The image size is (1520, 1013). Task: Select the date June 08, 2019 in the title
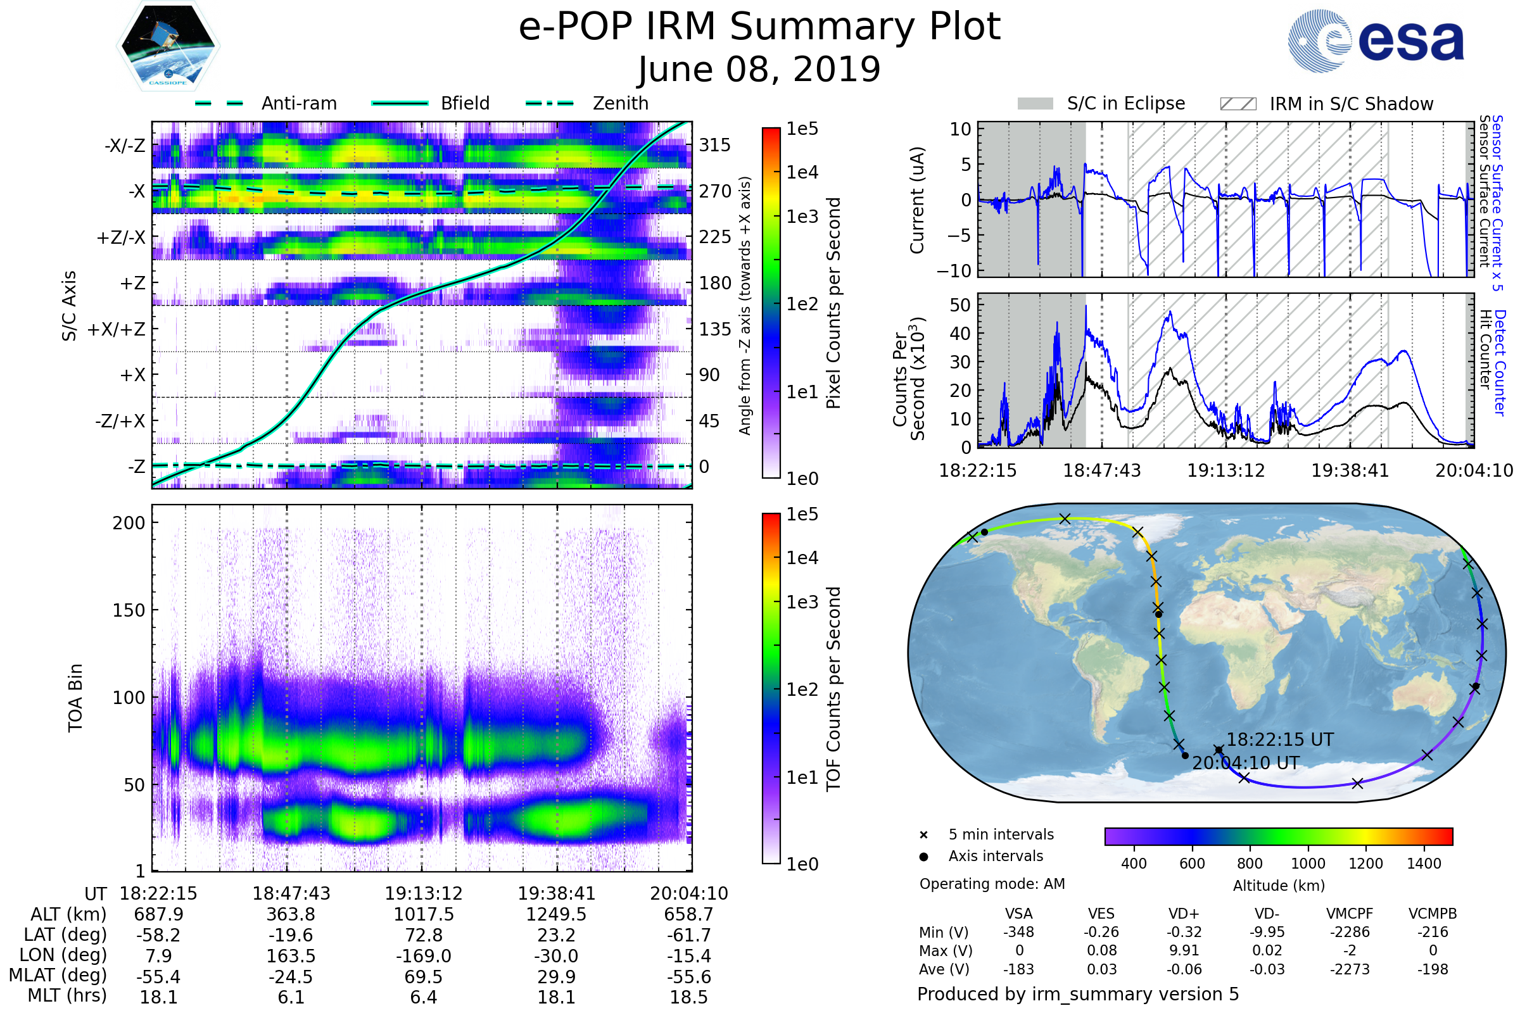tap(759, 69)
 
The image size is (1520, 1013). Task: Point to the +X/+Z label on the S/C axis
tap(117, 329)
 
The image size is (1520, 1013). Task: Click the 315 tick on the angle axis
tap(714, 145)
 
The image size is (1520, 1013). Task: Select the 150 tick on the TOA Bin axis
tap(129, 610)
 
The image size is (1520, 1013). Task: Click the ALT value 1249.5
tap(556, 914)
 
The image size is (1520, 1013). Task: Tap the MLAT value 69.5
tap(423, 976)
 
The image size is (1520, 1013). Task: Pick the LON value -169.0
tap(423, 955)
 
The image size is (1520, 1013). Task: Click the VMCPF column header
tap(1349, 914)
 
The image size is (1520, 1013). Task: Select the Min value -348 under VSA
tap(1018, 932)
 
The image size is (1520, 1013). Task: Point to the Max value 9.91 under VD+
tap(1184, 950)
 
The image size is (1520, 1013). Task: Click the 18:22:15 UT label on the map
tap(1279, 739)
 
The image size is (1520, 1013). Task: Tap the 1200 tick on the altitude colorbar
tap(1365, 864)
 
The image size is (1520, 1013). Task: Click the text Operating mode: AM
tap(992, 884)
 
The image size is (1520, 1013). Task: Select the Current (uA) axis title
tap(917, 199)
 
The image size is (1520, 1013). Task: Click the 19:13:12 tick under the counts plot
tap(1225, 470)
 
